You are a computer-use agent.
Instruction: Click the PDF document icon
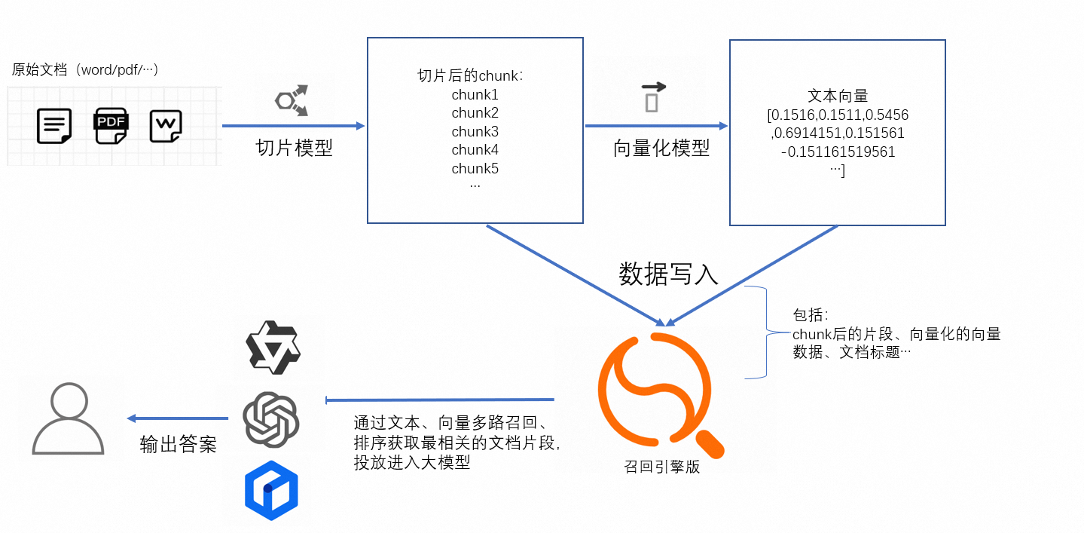tap(111, 126)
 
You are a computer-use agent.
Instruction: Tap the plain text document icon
tap(54, 126)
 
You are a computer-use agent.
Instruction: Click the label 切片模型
tap(295, 148)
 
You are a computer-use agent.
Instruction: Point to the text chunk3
tap(475, 132)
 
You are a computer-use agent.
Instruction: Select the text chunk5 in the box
tap(475, 168)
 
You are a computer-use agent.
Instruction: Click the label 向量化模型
tap(661, 148)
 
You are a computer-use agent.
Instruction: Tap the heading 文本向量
tap(838, 96)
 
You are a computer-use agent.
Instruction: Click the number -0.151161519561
tap(838, 152)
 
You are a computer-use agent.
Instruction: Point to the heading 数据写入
tap(668, 274)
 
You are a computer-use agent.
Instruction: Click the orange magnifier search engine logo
tap(661, 394)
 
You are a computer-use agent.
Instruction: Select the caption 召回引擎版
tap(661, 467)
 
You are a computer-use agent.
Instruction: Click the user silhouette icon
tap(69, 418)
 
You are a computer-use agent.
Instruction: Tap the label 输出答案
tap(178, 444)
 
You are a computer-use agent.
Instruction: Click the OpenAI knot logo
tap(271, 419)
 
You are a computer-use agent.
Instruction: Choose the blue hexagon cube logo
tap(271, 490)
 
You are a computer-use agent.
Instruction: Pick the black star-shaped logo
tap(273, 347)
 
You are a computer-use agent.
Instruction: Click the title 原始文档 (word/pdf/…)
tap(85, 69)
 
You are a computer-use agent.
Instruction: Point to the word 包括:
tap(811, 315)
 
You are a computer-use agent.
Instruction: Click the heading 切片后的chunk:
tap(470, 75)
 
